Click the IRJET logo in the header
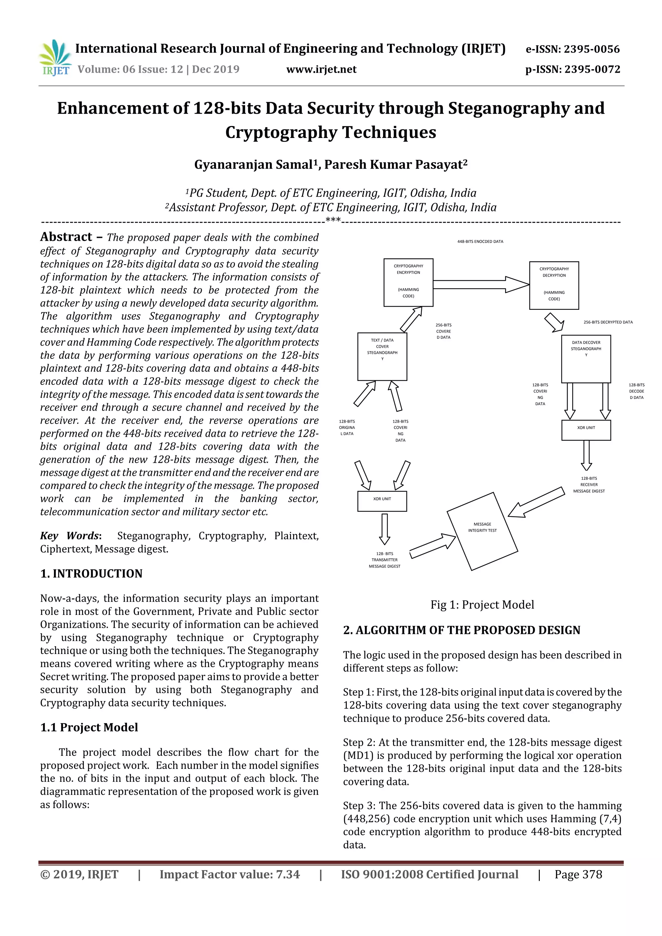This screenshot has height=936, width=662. (x=55, y=58)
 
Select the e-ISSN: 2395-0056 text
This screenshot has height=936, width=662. (x=572, y=49)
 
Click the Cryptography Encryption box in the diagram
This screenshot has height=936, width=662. (x=408, y=282)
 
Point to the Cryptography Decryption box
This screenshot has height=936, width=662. (x=553, y=285)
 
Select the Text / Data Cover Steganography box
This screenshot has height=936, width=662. (x=382, y=356)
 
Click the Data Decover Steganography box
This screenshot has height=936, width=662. (x=586, y=359)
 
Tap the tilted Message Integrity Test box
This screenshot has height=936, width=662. (x=482, y=531)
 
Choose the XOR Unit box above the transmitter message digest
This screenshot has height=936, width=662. (x=382, y=501)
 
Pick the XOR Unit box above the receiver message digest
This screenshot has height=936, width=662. (x=586, y=430)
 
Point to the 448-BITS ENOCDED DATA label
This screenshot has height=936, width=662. (x=480, y=241)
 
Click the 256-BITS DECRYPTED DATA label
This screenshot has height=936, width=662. (x=608, y=322)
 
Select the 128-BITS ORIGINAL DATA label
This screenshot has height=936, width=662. (x=347, y=427)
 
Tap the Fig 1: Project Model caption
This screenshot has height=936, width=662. (x=482, y=605)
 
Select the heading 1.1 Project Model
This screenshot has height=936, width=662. (x=89, y=727)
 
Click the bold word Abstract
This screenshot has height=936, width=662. (x=66, y=237)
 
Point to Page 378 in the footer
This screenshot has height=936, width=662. (x=578, y=874)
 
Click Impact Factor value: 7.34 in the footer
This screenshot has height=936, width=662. (x=229, y=874)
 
